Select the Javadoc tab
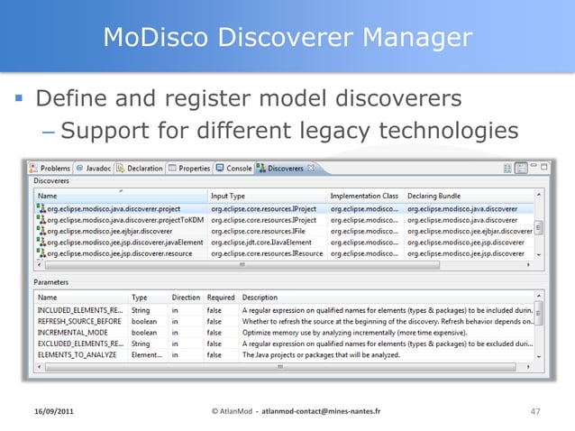96,168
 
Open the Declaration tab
142,168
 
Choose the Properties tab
192,168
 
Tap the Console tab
237,168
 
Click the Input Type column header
228,195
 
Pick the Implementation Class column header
364,195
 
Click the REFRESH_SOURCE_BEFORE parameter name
79,320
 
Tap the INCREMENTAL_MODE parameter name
71,332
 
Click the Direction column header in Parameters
186,297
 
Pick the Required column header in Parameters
220,297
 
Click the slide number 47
535,412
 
